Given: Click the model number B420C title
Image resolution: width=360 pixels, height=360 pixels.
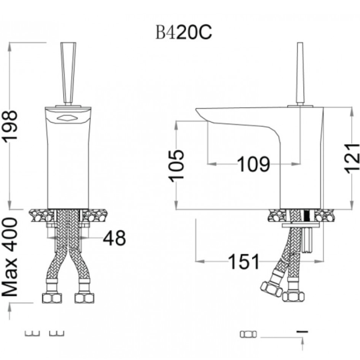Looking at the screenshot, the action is pos(183,33).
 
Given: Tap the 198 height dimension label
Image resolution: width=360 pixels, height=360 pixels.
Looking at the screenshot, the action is pos(9,125).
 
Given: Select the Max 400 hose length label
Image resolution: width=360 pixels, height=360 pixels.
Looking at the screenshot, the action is pos(9,257).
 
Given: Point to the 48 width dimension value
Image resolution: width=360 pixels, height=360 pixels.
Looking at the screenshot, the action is pos(115,237).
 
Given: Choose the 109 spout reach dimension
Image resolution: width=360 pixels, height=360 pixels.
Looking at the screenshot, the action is pos(253,164).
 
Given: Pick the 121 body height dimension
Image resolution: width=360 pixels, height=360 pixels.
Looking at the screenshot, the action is pos(352,158).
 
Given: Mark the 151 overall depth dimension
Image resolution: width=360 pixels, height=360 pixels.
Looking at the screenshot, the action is pos(244,261).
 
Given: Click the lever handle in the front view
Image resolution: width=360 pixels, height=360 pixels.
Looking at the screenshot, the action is pos(68,73).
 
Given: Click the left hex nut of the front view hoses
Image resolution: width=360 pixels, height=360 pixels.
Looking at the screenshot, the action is pos(52,298).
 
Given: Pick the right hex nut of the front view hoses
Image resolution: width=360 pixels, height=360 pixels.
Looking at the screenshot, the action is pos(84,298).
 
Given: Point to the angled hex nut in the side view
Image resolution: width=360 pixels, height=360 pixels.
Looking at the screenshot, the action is pos(271,289).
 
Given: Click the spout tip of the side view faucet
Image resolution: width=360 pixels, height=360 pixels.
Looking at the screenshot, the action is pos(200,114).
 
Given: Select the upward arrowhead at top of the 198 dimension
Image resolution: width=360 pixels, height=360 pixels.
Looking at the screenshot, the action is pos(9,47).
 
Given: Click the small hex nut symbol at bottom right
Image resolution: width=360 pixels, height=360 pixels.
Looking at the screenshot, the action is pos(249,334).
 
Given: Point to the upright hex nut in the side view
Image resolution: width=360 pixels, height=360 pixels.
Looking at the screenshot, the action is pos(293,296).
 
